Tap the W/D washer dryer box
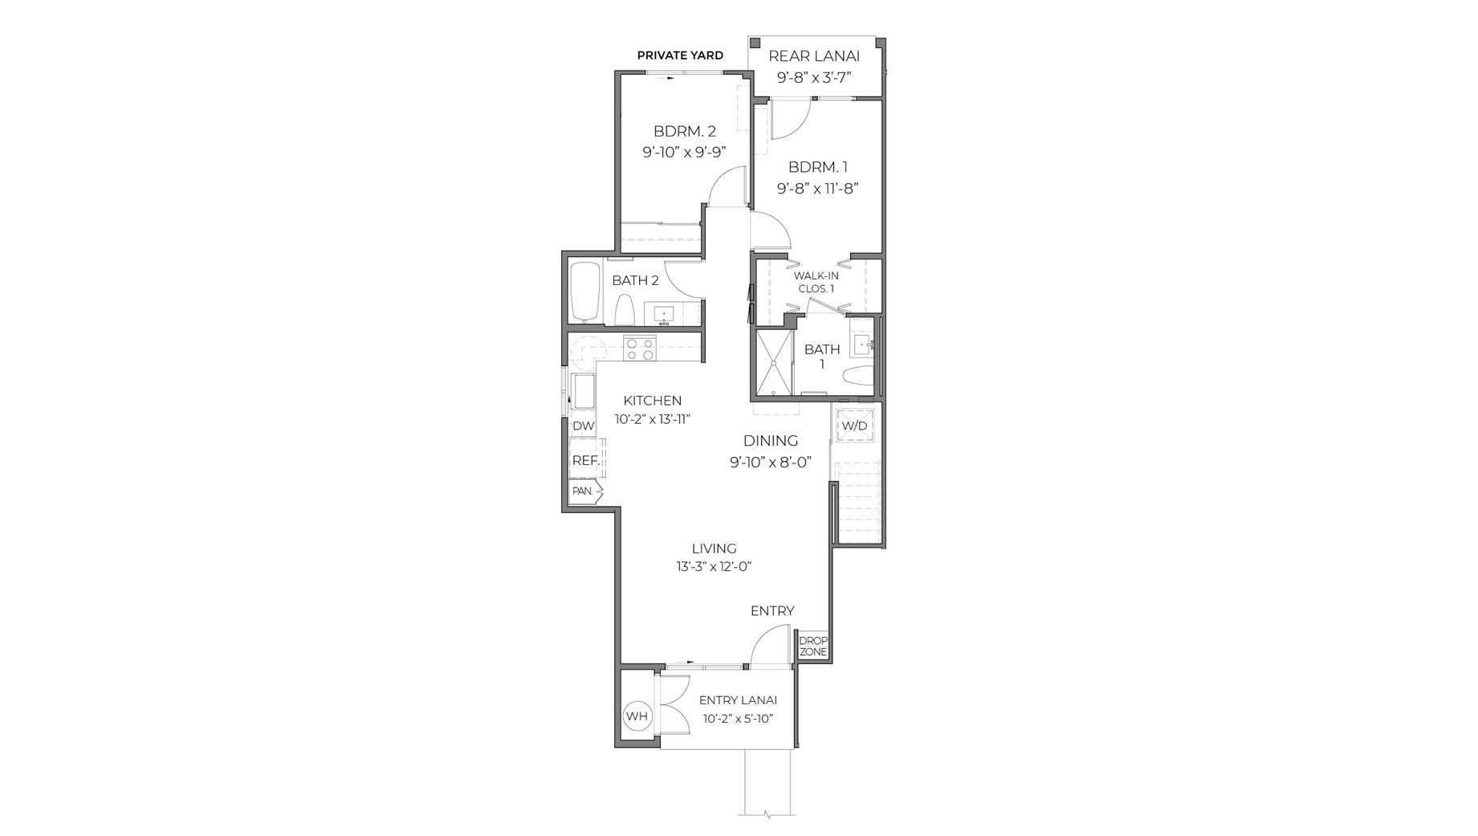coord(854,426)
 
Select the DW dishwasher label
coord(584,426)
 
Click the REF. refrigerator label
coord(585,461)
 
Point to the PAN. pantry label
coord(583,491)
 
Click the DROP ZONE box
coord(812,646)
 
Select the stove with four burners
coord(640,348)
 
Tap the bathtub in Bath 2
coord(585,292)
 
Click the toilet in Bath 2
coord(625,310)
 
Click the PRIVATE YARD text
coord(680,55)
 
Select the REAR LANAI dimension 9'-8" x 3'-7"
coord(813,78)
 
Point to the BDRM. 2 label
coord(684,131)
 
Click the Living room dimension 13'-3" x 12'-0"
coord(714,566)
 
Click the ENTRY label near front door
coord(772,611)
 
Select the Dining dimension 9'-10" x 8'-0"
coord(770,463)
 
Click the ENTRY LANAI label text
coord(738,700)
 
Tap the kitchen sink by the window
coord(583,390)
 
